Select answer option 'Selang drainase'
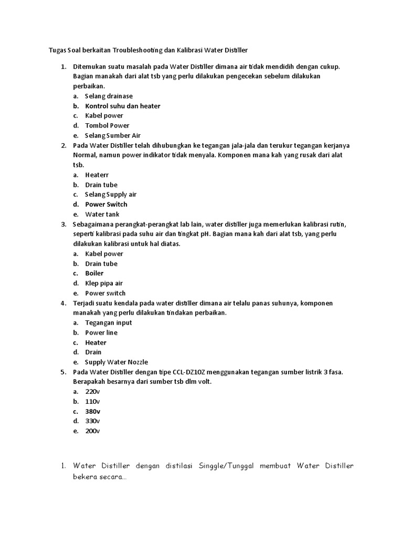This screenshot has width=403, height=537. [109, 96]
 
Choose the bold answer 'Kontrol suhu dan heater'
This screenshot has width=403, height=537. [123, 106]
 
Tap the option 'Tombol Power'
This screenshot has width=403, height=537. [107, 125]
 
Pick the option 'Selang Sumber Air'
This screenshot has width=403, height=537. [113, 135]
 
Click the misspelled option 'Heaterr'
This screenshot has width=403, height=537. [97, 175]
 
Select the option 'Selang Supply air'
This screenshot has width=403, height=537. [111, 195]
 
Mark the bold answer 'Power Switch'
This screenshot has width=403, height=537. [106, 205]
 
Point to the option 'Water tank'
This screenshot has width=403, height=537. [102, 214]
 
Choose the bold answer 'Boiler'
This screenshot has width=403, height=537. [94, 273]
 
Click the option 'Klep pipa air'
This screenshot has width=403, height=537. [104, 283]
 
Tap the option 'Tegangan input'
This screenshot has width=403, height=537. [109, 323]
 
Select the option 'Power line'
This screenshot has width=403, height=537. [101, 332]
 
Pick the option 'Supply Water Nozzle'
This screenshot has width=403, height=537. [116, 362]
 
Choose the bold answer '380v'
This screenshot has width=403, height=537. [93, 411]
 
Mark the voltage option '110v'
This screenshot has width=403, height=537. [92, 401]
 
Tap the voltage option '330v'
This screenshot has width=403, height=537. [92, 421]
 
